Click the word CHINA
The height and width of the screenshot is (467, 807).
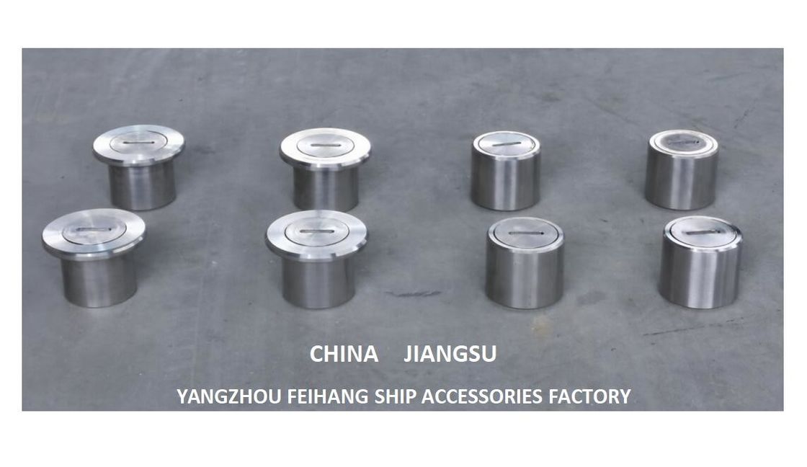click(344, 355)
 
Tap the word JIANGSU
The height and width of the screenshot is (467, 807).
click(450, 355)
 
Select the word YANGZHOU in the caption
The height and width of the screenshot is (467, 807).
click(229, 396)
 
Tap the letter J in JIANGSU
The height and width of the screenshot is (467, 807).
click(408, 355)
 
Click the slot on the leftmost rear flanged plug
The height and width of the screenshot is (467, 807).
click(138, 141)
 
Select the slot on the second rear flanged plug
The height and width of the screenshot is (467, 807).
click(325, 144)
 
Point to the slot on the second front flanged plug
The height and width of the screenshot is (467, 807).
click(316, 233)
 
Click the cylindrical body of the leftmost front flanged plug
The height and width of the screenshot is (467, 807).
click(93, 281)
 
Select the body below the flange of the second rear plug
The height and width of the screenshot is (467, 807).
click(325, 187)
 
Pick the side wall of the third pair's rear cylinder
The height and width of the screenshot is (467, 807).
click(505, 179)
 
